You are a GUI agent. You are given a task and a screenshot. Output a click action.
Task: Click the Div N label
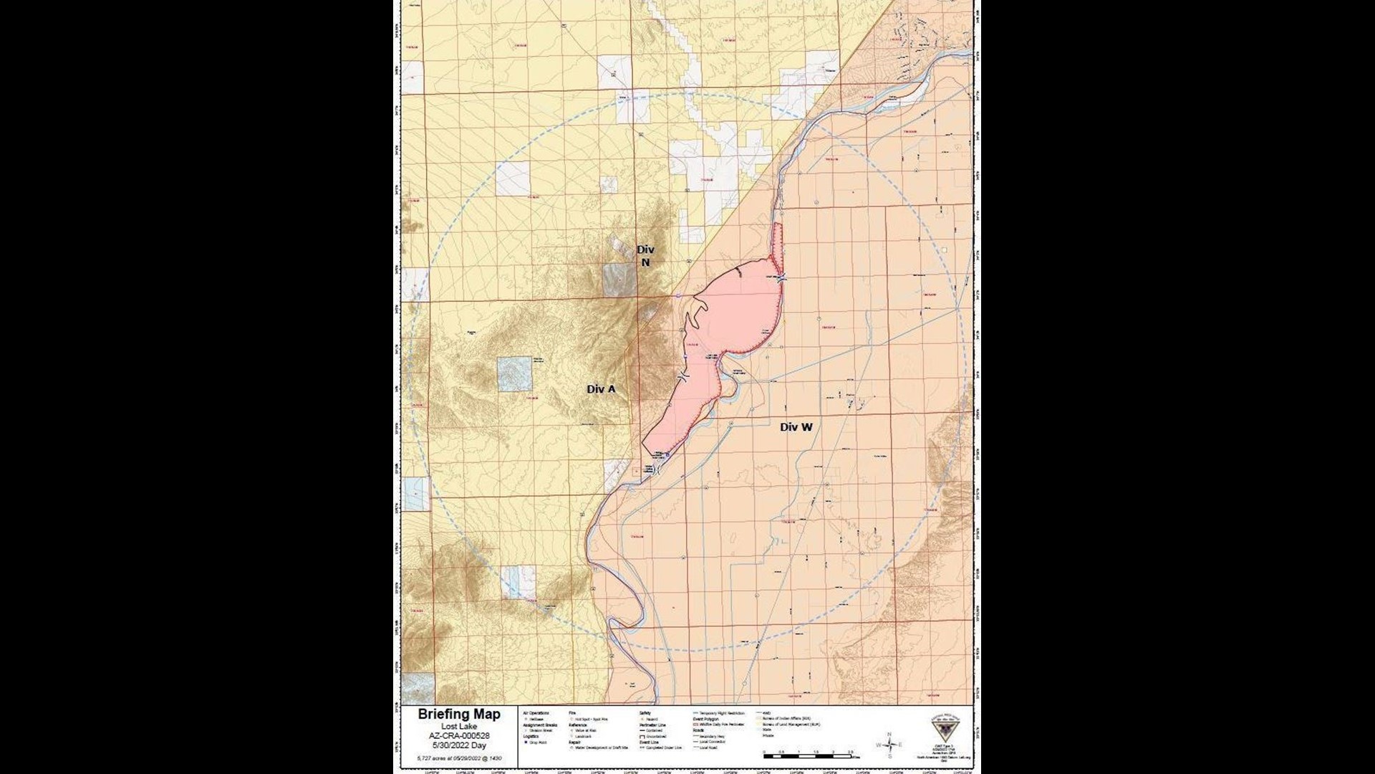645,256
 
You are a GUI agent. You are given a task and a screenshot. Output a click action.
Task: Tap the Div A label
601,389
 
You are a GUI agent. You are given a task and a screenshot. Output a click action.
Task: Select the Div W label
796,427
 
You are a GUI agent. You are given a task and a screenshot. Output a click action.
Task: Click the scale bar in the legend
806,755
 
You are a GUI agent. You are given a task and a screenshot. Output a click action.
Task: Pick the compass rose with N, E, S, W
889,745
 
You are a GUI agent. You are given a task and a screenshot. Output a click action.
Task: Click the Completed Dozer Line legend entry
663,747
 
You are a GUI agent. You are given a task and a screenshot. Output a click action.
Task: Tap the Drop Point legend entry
537,742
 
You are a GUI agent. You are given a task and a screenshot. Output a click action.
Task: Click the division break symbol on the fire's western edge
683,377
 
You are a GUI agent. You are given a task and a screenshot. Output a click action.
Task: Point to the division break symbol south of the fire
657,470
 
